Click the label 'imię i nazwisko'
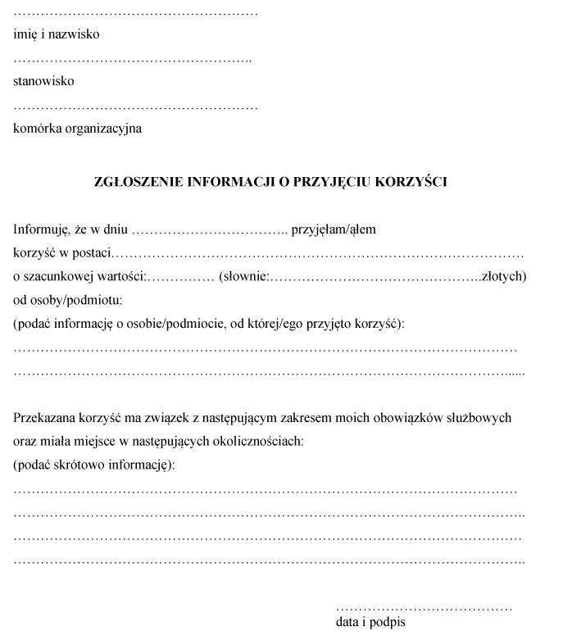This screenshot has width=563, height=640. tap(57, 35)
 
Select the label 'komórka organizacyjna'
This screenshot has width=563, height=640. tap(78, 128)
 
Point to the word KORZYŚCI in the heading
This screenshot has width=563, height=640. tap(410, 182)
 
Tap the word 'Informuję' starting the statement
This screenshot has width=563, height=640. tap(40, 229)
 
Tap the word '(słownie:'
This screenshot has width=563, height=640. tap(244, 276)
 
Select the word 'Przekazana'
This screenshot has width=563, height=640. tap(43, 418)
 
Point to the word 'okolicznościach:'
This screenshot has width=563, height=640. tap(259, 442)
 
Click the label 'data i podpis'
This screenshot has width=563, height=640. tap(370, 622)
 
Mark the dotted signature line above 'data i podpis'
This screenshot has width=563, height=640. tap(424, 609)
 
